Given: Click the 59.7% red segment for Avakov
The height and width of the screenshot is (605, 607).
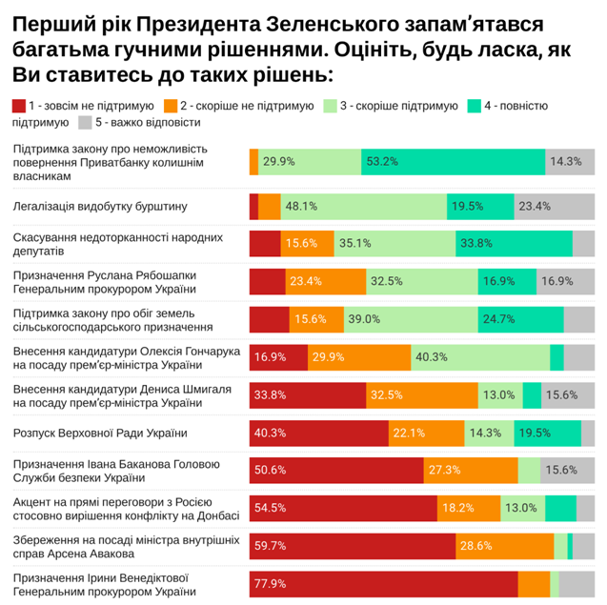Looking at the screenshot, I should (x=352, y=546).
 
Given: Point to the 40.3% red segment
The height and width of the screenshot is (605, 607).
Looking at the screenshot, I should (x=318, y=433).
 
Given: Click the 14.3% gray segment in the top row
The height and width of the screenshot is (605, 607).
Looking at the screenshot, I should (x=570, y=161).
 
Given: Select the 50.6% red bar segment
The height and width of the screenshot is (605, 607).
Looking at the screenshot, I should (x=336, y=470).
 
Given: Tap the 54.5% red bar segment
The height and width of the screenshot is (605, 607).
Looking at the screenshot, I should (x=343, y=508).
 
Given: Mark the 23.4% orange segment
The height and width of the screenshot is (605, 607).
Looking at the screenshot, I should (x=326, y=281).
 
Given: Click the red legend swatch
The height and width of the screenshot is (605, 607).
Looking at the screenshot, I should (x=19, y=105).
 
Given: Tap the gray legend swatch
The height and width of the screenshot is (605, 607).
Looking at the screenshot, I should (x=85, y=122).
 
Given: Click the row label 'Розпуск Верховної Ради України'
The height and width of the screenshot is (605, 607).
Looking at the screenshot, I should (x=99, y=434).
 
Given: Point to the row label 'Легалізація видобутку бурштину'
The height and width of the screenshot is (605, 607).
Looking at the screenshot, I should (x=100, y=206).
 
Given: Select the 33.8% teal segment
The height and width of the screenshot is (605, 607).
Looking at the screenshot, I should (x=514, y=243).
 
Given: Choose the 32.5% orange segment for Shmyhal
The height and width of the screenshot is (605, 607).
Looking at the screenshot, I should (x=422, y=394).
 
